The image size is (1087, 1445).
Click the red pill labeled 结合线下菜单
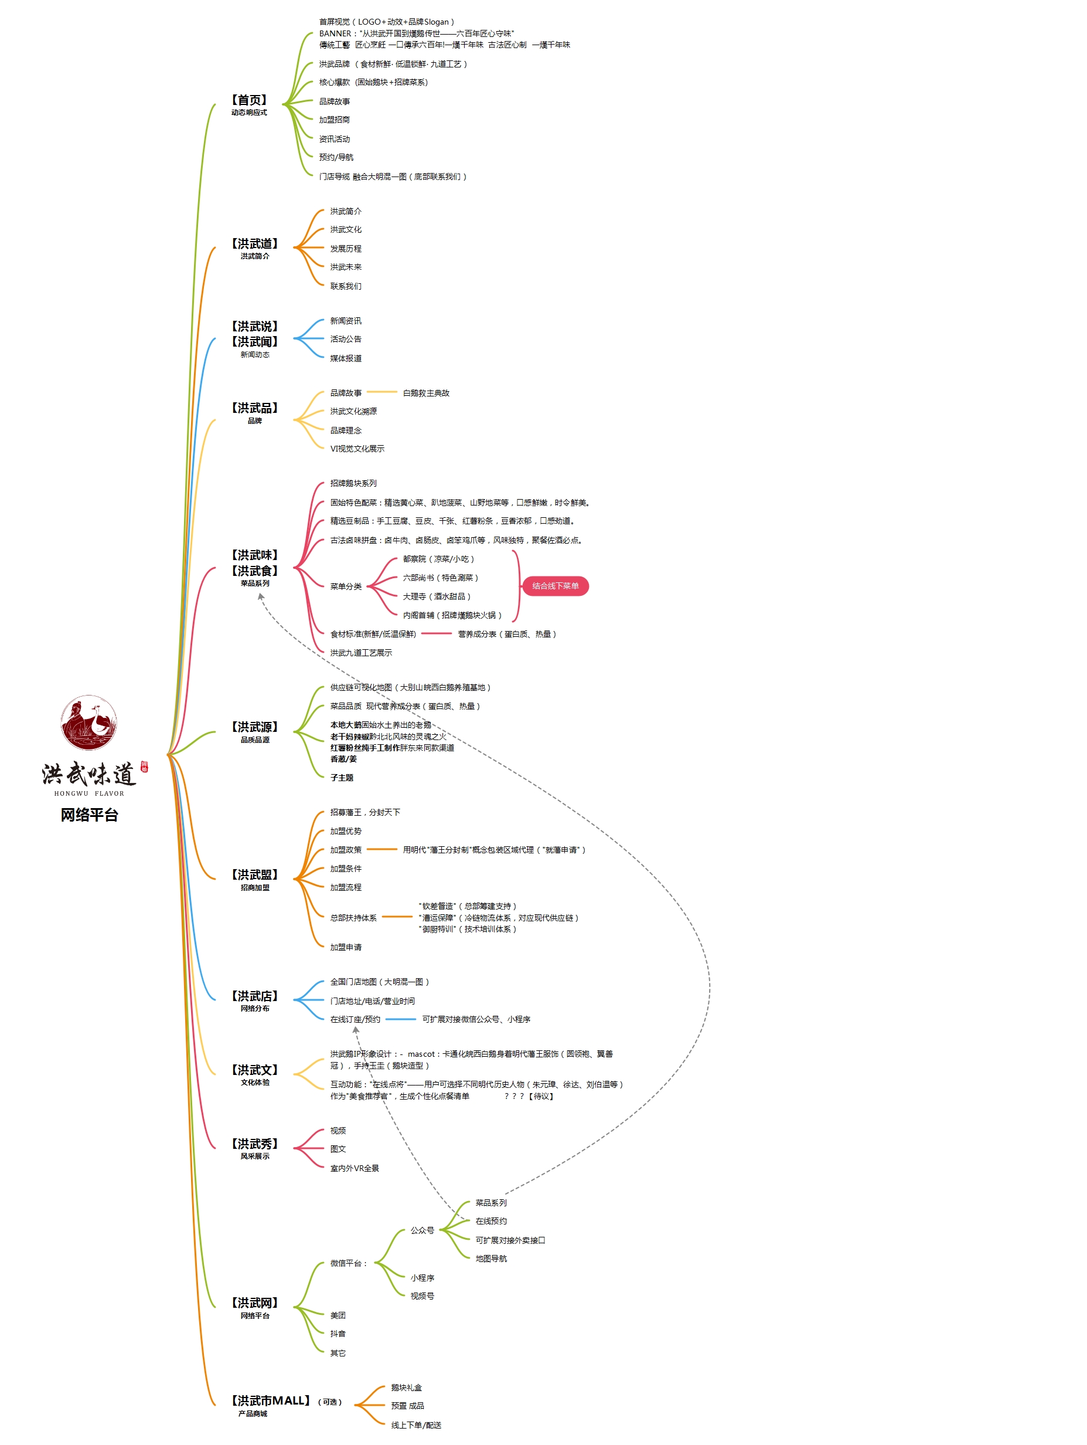(x=555, y=586)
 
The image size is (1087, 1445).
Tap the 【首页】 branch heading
(x=248, y=100)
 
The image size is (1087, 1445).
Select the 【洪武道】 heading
(x=255, y=243)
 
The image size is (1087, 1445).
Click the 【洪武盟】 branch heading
(x=255, y=875)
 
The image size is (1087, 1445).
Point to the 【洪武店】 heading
(x=255, y=996)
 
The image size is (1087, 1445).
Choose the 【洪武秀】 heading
(x=255, y=1144)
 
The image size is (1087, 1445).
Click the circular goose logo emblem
(x=90, y=722)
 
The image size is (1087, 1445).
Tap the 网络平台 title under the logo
(x=90, y=815)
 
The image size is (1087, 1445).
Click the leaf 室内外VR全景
(x=355, y=1168)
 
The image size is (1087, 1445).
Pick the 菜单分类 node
(x=345, y=586)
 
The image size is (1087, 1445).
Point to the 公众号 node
(x=422, y=1230)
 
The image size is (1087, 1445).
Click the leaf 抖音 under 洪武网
(x=338, y=1334)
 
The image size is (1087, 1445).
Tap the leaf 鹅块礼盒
(x=406, y=1388)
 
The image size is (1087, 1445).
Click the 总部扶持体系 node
(x=353, y=918)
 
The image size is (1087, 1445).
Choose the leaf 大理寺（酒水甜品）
(x=436, y=596)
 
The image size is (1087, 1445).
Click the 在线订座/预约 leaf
(x=355, y=1019)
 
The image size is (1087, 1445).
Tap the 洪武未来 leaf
(x=345, y=267)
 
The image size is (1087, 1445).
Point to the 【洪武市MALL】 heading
(x=270, y=1400)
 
